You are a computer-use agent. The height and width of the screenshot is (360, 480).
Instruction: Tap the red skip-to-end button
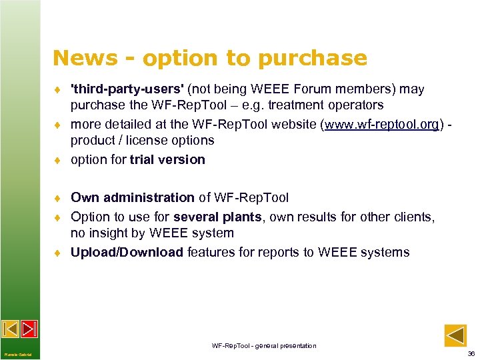[x=29, y=329]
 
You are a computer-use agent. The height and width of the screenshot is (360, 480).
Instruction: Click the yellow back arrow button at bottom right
[x=455, y=335]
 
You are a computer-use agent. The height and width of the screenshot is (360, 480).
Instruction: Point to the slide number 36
[x=471, y=353]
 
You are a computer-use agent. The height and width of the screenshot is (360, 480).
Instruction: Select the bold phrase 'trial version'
[x=167, y=159]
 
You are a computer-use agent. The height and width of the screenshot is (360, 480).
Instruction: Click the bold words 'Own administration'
[x=132, y=197]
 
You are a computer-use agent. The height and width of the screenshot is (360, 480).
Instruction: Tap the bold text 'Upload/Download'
[x=127, y=252]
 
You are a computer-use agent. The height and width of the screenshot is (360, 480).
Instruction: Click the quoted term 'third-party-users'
[x=128, y=89]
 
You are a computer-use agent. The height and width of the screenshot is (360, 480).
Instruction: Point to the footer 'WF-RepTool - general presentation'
[x=264, y=345]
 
